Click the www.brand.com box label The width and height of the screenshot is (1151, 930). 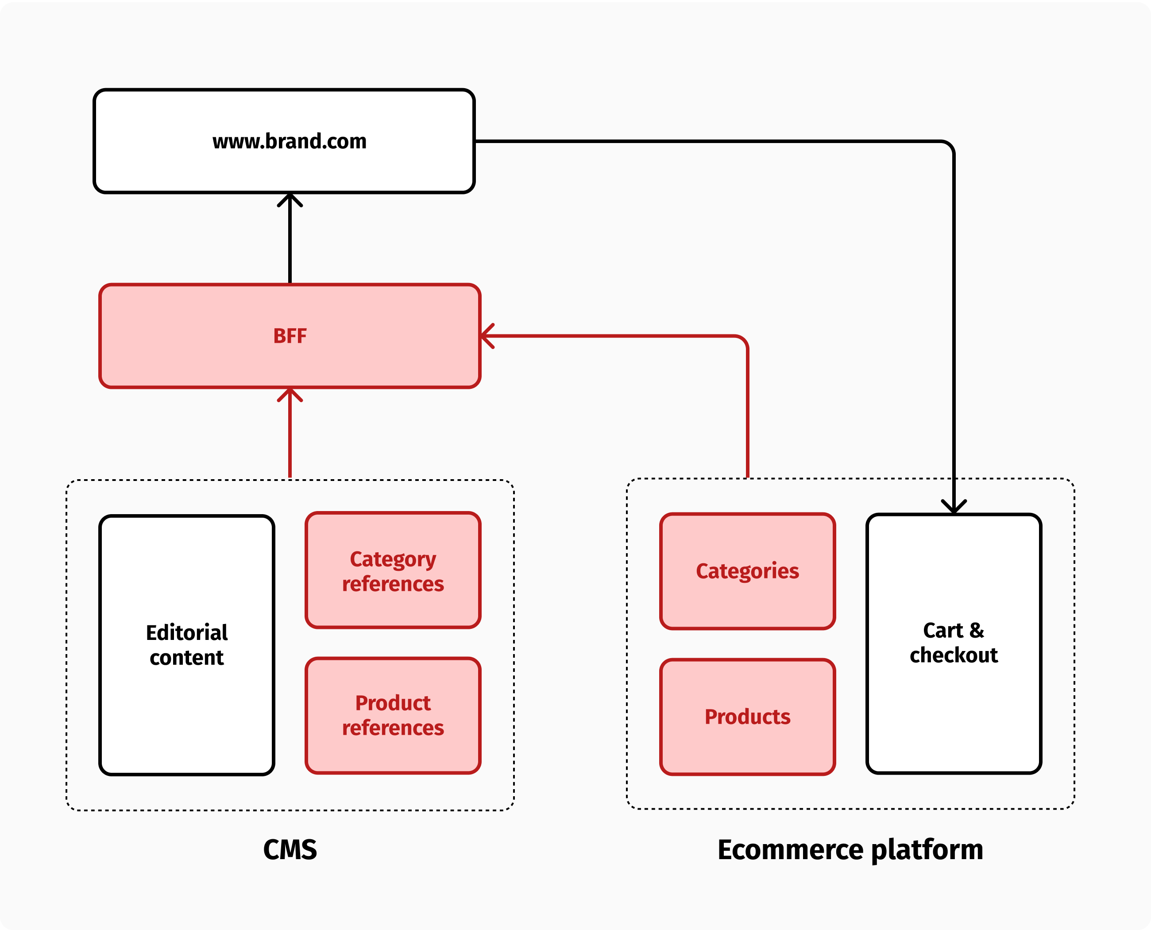tap(289, 141)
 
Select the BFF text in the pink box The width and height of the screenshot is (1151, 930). tap(290, 336)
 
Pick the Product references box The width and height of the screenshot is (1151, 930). tap(393, 715)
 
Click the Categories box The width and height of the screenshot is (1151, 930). tap(747, 571)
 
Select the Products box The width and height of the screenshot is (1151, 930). tap(747, 717)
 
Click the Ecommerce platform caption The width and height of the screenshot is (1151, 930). tap(850, 850)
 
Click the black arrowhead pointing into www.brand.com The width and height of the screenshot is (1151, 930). tap(290, 199)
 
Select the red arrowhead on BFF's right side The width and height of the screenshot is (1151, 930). tap(487, 336)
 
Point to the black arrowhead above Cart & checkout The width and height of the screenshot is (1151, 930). tap(954, 507)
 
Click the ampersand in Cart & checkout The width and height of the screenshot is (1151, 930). tap(977, 631)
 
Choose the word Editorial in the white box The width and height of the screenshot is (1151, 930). tap(186, 633)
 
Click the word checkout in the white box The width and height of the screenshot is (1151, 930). tap(954, 655)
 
